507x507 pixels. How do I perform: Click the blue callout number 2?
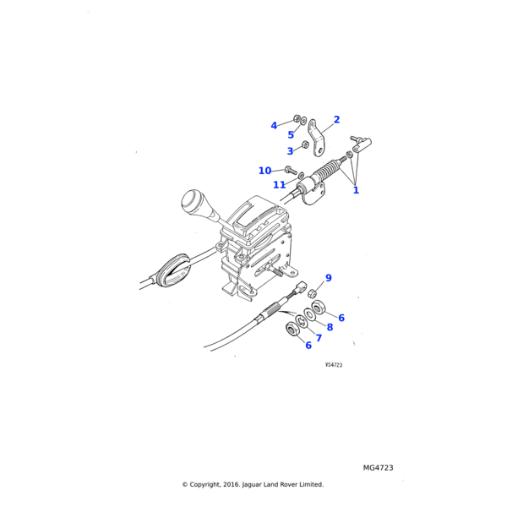[x=336, y=120]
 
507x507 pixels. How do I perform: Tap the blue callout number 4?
[x=274, y=126]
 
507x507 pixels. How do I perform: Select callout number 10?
[x=265, y=171]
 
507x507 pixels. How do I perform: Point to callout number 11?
[x=279, y=185]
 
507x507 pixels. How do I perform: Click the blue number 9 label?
[x=329, y=278]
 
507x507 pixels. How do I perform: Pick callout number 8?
[x=330, y=327]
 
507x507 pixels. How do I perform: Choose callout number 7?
[x=319, y=338]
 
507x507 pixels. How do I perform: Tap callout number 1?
[x=356, y=190]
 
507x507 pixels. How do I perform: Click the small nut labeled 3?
[x=305, y=144]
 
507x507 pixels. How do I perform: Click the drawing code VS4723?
[x=334, y=365]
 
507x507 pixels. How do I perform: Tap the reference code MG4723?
[x=378, y=467]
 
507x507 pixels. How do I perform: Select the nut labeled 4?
[x=297, y=120]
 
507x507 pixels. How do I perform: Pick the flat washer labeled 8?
[x=310, y=313]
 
